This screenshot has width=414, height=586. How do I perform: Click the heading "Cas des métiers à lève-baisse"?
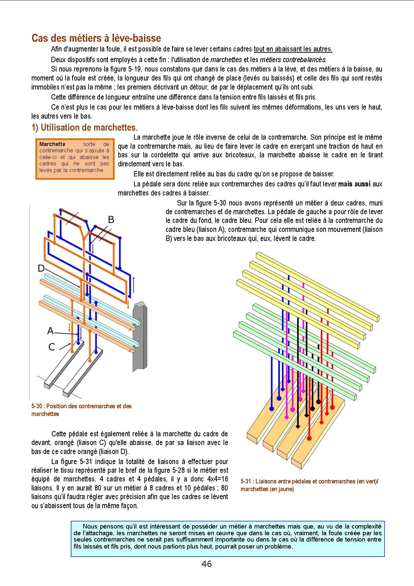(x=96, y=38)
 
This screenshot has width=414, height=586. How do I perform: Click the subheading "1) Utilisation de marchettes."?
(x=85, y=128)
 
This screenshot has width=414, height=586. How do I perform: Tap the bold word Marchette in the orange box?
(x=52, y=144)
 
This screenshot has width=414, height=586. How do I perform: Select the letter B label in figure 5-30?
(x=111, y=219)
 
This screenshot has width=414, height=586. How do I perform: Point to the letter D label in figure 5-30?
(x=41, y=268)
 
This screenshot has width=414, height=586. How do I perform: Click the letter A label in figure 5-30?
(x=50, y=331)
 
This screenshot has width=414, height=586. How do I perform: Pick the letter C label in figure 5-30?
(x=51, y=347)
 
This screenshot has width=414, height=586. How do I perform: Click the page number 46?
(x=206, y=564)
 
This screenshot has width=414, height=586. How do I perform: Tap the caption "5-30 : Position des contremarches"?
(x=82, y=406)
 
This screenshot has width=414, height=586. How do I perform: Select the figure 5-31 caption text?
(x=309, y=485)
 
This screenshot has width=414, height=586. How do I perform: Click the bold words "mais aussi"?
(x=354, y=184)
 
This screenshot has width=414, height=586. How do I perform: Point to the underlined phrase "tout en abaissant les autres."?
(x=293, y=49)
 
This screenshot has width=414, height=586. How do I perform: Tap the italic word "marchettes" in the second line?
(x=226, y=60)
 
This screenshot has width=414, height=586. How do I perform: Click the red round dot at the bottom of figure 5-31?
(x=309, y=438)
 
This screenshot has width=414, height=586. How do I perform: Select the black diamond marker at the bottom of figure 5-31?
(x=298, y=427)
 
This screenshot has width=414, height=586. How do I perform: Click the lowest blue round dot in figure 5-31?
(x=272, y=409)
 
